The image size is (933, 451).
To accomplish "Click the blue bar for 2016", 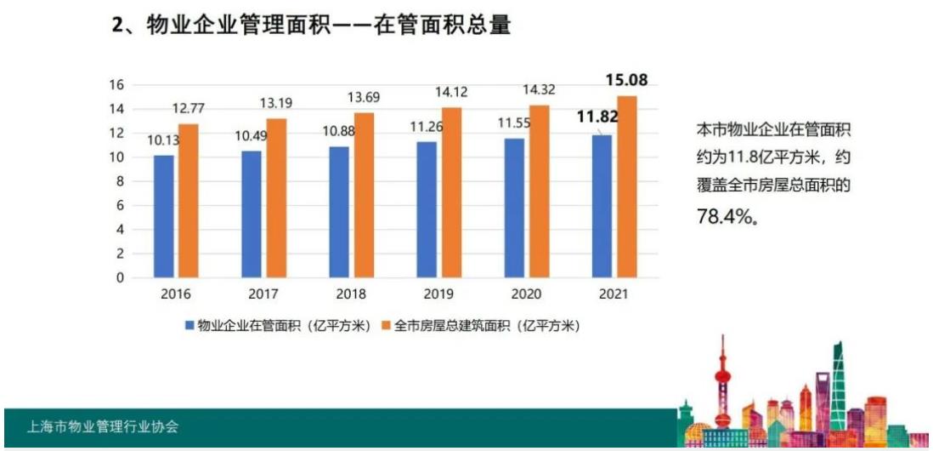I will point(164,216).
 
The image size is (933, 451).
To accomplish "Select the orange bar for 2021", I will point(627,186).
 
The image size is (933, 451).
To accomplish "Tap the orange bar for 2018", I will point(364,195).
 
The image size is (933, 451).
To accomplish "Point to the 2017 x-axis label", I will point(263,294).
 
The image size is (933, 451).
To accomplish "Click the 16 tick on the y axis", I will point(116,84).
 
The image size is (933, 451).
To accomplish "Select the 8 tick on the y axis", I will point(120,181).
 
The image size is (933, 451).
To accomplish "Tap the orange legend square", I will point(386,326).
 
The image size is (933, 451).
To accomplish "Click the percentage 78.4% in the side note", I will point(727,218).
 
